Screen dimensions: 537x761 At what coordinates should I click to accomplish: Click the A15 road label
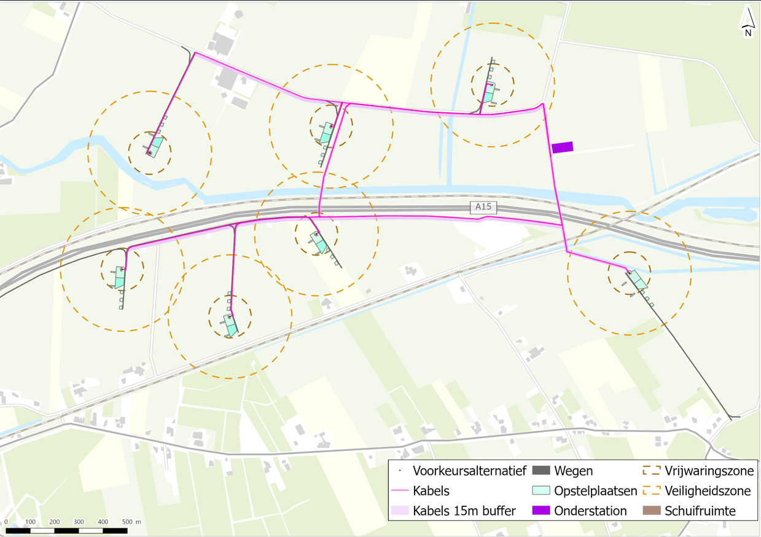pyautogui.click(x=483, y=206)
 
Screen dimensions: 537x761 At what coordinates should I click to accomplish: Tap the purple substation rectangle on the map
pyautogui.click(x=562, y=147)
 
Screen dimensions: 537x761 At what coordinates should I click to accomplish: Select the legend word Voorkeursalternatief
pyautogui.click(x=469, y=471)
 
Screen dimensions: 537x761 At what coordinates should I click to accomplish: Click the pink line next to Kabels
pyautogui.click(x=400, y=491)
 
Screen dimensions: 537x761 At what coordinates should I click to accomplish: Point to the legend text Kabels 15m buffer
pyautogui.click(x=464, y=511)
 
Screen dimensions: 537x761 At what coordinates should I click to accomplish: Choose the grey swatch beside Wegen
pyautogui.click(x=541, y=471)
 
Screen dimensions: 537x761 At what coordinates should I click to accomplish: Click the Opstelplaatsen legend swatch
pyautogui.click(x=541, y=491)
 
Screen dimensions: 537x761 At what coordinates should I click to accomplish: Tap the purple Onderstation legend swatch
pyautogui.click(x=541, y=511)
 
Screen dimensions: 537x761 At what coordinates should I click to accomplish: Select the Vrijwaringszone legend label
pyautogui.click(x=709, y=471)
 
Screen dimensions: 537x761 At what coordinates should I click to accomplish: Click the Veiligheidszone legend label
pyautogui.click(x=708, y=491)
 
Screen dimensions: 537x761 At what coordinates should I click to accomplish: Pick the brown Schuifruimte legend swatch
pyautogui.click(x=651, y=511)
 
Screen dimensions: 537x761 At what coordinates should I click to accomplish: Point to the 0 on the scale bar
pyautogui.click(x=6, y=522)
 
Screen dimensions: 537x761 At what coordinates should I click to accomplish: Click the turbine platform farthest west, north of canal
pyautogui.click(x=157, y=146)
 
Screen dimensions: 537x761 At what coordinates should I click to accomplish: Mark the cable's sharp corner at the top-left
pyautogui.click(x=195, y=53)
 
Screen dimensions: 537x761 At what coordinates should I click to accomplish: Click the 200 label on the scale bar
pyautogui.click(x=55, y=522)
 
